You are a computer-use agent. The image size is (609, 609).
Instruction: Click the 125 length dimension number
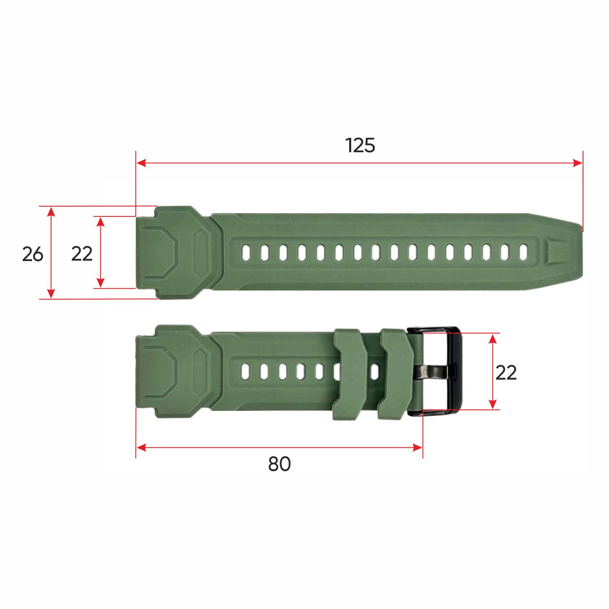pos(360,145)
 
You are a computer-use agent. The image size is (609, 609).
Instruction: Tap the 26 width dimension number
pos(32,254)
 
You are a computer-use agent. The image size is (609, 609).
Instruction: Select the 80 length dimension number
pos(279,464)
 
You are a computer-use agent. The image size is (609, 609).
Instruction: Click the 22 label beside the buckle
pos(506,372)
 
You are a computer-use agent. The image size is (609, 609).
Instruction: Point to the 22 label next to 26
pos(82,254)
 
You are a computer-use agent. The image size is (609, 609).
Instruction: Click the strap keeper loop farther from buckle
pos(349,374)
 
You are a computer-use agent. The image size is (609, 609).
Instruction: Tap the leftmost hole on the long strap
pos(246,253)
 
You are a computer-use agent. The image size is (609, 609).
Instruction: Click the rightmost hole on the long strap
pos(523,252)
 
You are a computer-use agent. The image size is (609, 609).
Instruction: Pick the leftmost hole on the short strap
pos(245,371)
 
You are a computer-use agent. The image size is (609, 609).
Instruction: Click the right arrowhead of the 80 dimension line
pos(418,448)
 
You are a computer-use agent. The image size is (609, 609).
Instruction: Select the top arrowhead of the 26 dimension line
pos(51,211)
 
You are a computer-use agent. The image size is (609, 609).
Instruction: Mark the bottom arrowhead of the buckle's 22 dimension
pos(492,404)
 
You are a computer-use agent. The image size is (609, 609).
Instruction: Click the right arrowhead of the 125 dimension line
pos(578,163)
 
